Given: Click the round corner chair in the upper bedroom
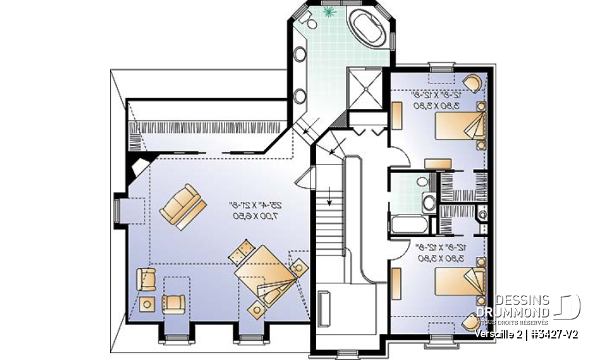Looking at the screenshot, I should tap(470, 83).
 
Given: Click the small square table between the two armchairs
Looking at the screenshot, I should tap(149, 303).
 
